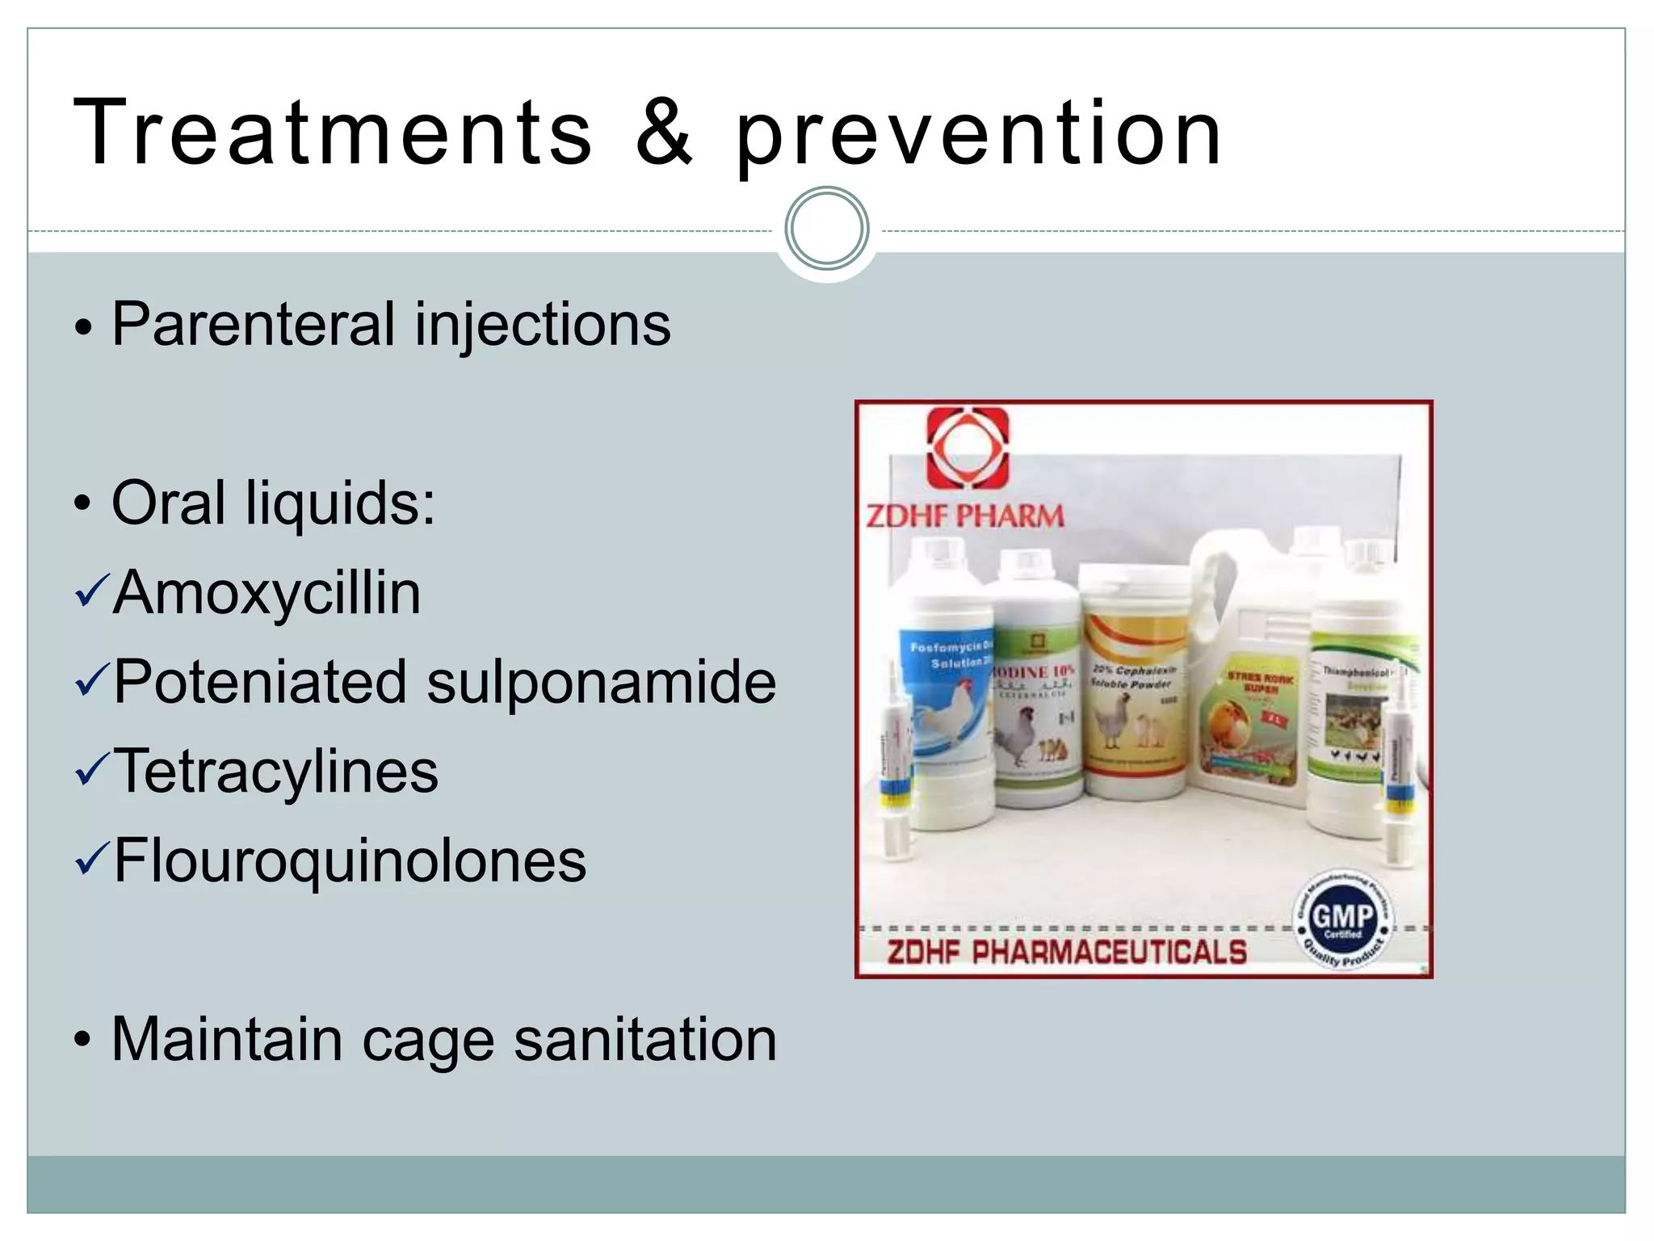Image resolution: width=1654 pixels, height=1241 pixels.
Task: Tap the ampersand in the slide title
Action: tap(664, 133)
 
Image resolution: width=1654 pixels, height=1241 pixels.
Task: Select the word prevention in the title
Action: tap(979, 137)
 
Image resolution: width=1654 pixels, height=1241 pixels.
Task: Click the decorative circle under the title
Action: tap(827, 229)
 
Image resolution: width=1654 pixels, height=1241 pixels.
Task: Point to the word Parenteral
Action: tap(252, 324)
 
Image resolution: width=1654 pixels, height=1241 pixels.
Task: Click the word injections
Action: tap(542, 326)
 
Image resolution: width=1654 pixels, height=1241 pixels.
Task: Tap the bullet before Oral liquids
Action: tap(82, 504)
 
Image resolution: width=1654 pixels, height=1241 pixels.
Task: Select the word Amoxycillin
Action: tap(267, 592)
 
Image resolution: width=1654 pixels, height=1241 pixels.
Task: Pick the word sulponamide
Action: tap(601, 682)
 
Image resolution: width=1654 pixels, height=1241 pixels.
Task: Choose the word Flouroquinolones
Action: tap(350, 860)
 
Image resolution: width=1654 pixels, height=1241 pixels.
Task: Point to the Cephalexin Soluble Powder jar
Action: tap(1134, 703)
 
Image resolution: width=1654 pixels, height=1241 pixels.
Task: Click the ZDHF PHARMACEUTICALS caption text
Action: tap(1066, 953)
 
